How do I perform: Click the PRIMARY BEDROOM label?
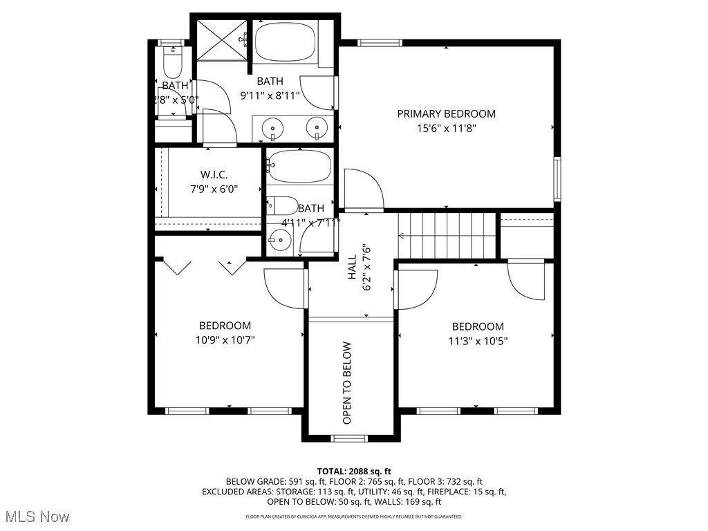pyautogui.click(x=446, y=113)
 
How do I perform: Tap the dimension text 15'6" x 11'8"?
pyautogui.click(x=446, y=128)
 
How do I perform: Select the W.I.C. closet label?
pyautogui.click(x=214, y=174)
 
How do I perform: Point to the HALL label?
pyautogui.click(x=352, y=267)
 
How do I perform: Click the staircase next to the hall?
pyautogui.click(x=448, y=235)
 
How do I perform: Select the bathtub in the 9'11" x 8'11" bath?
pyautogui.click(x=286, y=42)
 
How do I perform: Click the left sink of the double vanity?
pyautogui.click(x=274, y=128)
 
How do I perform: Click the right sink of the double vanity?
pyautogui.click(x=317, y=127)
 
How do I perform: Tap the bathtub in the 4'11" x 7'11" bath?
pyautogui.click(x=299, y=166)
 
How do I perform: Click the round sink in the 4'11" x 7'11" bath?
pyautogui.click(x=279, y=241)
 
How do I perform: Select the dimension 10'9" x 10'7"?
pyautogui.click(x=225, y=339)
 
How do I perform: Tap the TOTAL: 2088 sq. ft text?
pyautogui.click(x=354, y=470)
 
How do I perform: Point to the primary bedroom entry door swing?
pyautogui.click(x=363, y=190)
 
